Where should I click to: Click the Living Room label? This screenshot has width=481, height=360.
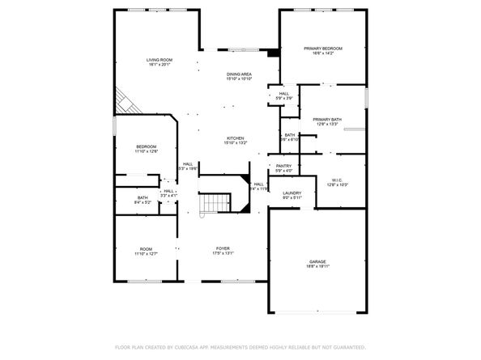tap(159, 60)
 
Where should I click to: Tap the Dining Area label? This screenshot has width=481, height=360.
tap(239, 74)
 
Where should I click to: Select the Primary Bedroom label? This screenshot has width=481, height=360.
tap(323, 49)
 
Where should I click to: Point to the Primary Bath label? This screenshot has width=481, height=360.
tap(327, 119)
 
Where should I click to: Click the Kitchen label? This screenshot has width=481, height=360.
tap(236, 138)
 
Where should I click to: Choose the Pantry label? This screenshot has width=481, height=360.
tap(283, 165)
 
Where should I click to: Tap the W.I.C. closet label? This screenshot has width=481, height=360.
tap(338, 180)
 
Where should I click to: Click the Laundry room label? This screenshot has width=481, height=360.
tap(292, 193)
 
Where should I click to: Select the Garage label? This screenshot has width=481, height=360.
tap(317, 261)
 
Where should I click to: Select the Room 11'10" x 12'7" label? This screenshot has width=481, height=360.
tap(146, 248)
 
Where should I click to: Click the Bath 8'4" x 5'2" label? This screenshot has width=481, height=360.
tap(143, 197)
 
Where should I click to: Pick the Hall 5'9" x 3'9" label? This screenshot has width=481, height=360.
tap(284, 93)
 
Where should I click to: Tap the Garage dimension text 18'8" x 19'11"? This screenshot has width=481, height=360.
tap(317, 267)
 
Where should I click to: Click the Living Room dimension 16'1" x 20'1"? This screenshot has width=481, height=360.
tap(159, 66)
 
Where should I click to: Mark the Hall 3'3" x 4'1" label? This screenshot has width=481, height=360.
tap(168, 191)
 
